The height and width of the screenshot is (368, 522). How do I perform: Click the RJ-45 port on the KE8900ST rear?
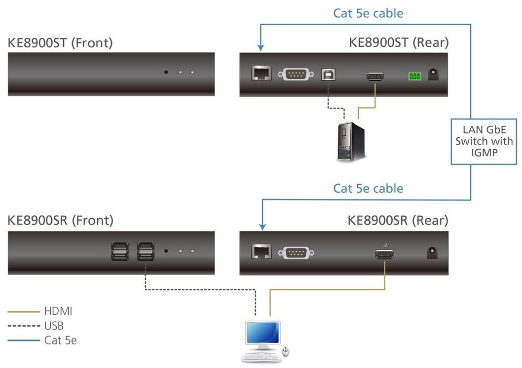coord(261,73)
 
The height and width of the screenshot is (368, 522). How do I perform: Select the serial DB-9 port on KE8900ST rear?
coord(296,74)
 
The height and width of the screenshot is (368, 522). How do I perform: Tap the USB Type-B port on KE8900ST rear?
coord(328,74)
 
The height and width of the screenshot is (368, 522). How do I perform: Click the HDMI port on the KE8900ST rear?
coord(375,76)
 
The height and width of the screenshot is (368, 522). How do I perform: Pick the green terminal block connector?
coord(414,76)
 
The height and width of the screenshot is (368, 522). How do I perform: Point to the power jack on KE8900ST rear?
coord(433,74)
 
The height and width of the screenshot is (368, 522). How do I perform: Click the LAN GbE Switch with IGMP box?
coord(484,141)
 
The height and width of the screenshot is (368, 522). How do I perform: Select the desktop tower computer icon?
coord(351,142)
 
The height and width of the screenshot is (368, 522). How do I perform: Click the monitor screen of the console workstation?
coord(262,333)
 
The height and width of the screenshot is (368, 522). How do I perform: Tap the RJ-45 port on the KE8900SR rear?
coord(261,252)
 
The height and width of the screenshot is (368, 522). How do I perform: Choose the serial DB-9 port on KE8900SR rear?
coord(296,253)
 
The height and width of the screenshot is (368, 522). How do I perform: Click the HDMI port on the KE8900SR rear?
coord(384,255)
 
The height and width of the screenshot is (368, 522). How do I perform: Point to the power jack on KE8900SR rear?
coord(432,253)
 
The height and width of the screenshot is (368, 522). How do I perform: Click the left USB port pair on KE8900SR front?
coord(120,251)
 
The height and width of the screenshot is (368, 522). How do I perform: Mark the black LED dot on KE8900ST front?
coord(166,72)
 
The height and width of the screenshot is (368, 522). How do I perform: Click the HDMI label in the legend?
coord(58,311)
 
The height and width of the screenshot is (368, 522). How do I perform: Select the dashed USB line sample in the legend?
coord(24,326)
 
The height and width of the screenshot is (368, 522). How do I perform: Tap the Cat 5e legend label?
coord(61,340)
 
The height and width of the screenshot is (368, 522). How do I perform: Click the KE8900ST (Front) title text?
coord(60,43)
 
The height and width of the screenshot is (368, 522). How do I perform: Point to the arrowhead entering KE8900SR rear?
coord(262,227)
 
